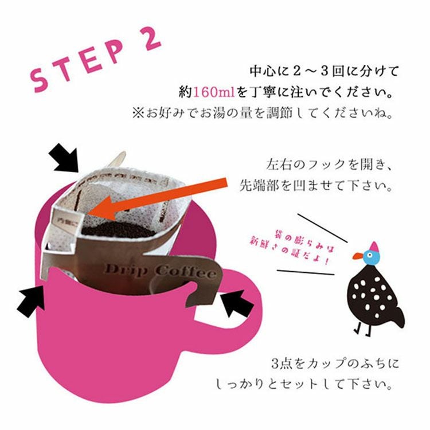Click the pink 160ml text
[x=212, y=92]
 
